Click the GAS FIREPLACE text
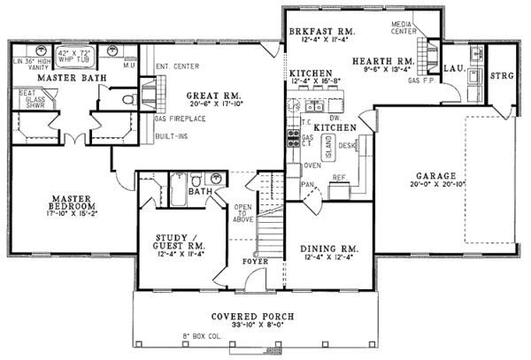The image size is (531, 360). [x=182, y=119]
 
